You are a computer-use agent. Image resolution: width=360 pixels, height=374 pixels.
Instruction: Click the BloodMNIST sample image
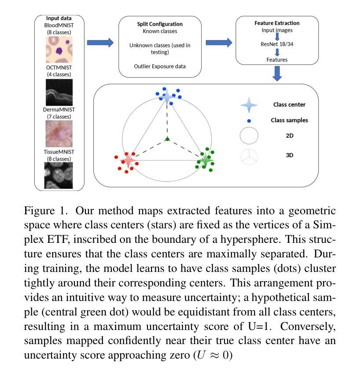[59, 49]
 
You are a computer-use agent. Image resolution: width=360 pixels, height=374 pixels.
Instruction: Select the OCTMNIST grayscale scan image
[59, 92]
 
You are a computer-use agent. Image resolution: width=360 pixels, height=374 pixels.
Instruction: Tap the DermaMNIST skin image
[59, 134]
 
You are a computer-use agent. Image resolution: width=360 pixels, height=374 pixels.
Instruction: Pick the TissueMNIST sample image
[59, 175]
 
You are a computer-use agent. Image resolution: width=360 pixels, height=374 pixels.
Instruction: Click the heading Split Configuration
[160, 24]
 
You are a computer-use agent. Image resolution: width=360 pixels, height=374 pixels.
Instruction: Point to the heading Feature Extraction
[277, 23]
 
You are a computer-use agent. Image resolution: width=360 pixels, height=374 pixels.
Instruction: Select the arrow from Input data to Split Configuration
[100, 43]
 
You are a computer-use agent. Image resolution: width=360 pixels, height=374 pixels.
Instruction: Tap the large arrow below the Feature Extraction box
[277, 73]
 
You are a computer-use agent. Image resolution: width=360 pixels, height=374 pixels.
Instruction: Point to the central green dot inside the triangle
[167, 139]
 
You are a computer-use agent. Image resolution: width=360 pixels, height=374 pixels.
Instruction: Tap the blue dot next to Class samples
[249, 121]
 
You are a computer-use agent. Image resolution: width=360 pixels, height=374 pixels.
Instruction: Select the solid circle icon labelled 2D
[249, 136]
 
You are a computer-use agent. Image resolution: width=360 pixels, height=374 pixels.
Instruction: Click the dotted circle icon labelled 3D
[249, 156]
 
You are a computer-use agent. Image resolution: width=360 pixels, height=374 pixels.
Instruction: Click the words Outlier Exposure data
[160, 66]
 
